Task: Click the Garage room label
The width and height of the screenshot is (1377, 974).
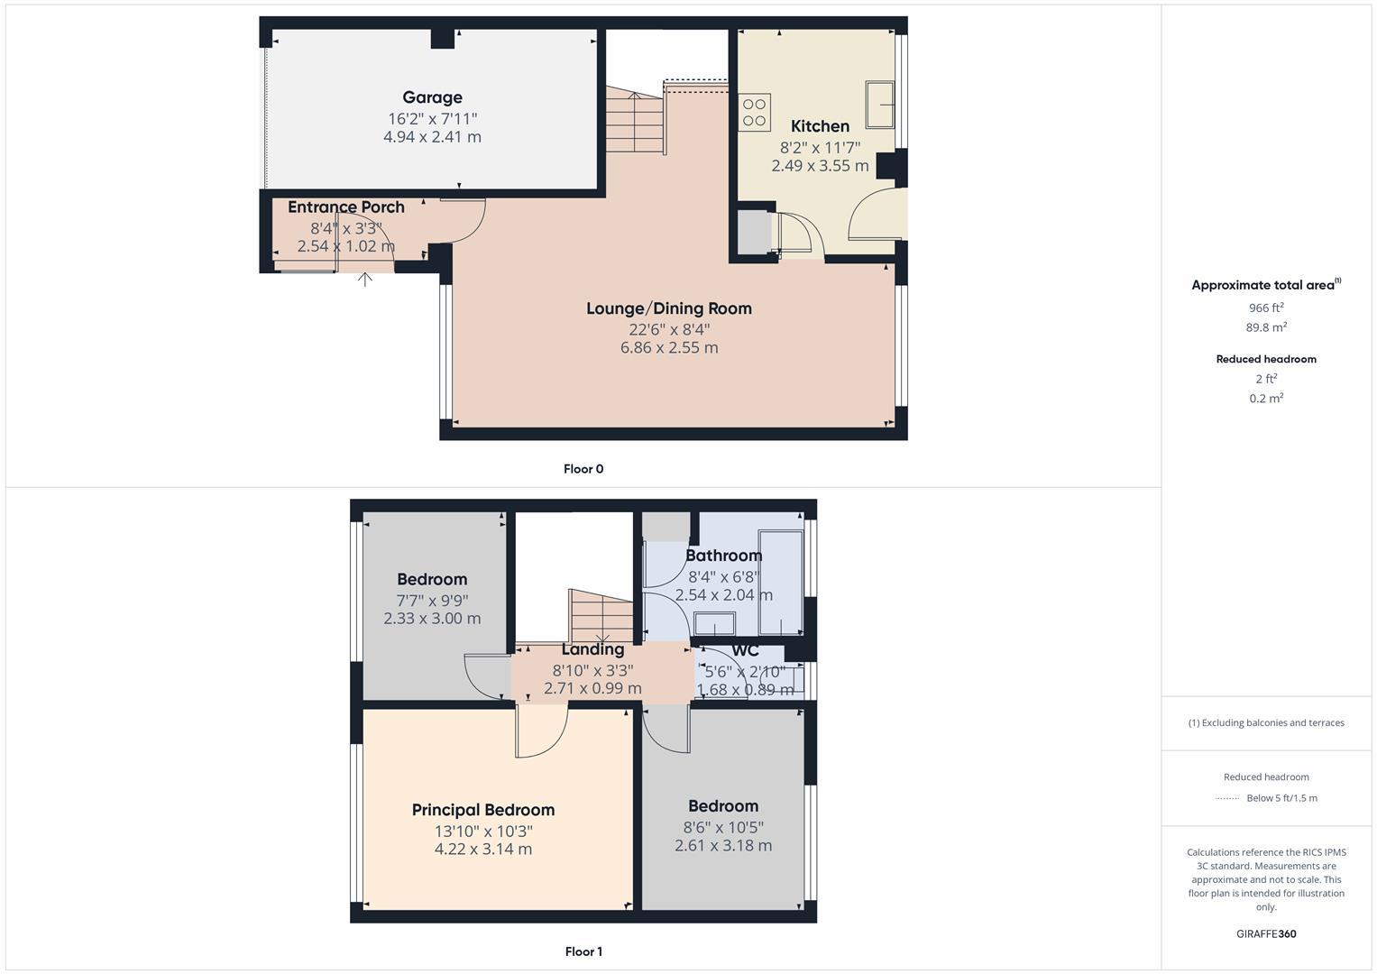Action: pyautogui.click(x=432, y=97)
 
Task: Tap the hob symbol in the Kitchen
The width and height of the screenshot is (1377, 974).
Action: pyautogui.click(x=755, y=113)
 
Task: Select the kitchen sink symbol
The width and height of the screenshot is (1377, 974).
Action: pyautogui.click(x=880, y=104)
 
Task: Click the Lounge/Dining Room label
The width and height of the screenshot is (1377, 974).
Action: pyautogui.click(x=668, y=308)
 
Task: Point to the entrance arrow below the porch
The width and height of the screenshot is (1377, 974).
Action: pyautogui.click(x=365, y=279)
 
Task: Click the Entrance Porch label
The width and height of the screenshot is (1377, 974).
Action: pyautogui.click(x=345, y=207)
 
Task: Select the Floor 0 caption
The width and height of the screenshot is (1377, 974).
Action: pyautogui.click(x=583, y=469)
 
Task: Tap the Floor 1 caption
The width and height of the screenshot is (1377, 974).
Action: pyautogui.click(x=583, y=951)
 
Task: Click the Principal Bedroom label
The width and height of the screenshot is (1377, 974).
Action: pyautogui.click(x=482, y=810)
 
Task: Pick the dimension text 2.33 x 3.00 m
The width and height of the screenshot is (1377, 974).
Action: pyautogui.click(x=432, y=619)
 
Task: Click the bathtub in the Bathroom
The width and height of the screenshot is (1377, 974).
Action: pyautogui.click(x=780, y=583)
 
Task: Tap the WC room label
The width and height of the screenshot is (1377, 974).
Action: pyautogui.click(x=745, y=650)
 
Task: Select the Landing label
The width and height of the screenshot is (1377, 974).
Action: pyautogui.click(x=592, y=649)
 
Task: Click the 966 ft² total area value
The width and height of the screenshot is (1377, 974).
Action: pyautogui.click(x=1266, y=308)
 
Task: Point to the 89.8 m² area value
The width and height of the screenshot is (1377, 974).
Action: pyautogui.click(x=1266, y=327)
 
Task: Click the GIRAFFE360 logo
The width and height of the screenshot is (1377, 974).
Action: pyautogui.click(x=1266, y=934)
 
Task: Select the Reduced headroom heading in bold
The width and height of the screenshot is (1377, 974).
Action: pyautogui.click(x=1266, y=359)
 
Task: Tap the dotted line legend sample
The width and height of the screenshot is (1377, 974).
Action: pyautogui.click(x=1227, y=798)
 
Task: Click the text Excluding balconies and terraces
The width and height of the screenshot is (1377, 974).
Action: pyautogui.click(x=1266, y=722)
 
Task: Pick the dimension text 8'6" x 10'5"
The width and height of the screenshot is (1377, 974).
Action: pyautogui.click(x=723, y=827)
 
